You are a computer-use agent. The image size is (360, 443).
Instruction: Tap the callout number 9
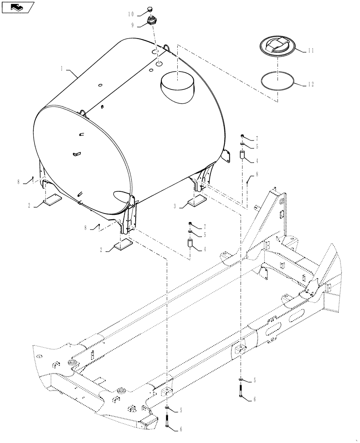pyautogui.click(x=133, y=25)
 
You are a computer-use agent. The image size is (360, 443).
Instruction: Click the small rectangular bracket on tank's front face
pyautogui.click(x=76, y=154)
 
